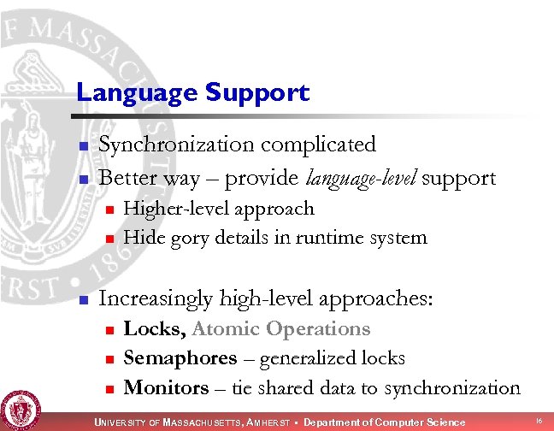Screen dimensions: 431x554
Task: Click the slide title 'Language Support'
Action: [192, 92]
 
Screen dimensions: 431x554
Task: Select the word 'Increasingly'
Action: [156, 298]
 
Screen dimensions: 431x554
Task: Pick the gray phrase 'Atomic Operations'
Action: [281, 329]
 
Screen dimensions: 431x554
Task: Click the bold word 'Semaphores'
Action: [180, 358]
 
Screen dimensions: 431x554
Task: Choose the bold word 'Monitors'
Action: [166, 387]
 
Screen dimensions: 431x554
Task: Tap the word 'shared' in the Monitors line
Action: [290, 387]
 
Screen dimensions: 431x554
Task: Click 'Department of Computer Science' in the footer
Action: [385, 422]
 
